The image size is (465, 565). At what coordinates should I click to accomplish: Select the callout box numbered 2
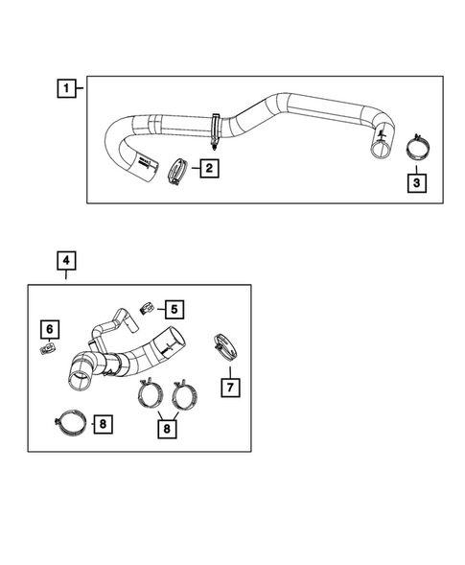[x=207, y=169]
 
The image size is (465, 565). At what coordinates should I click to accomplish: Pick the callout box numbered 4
[x=64, y=260]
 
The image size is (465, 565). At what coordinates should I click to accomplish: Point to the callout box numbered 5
[x=174, y=308]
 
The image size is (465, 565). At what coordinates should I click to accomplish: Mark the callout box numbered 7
[x=230, y=388]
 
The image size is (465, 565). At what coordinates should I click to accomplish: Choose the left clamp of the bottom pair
[x=151, y=395]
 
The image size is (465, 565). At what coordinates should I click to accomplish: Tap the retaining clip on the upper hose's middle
[x=213, y=128]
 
